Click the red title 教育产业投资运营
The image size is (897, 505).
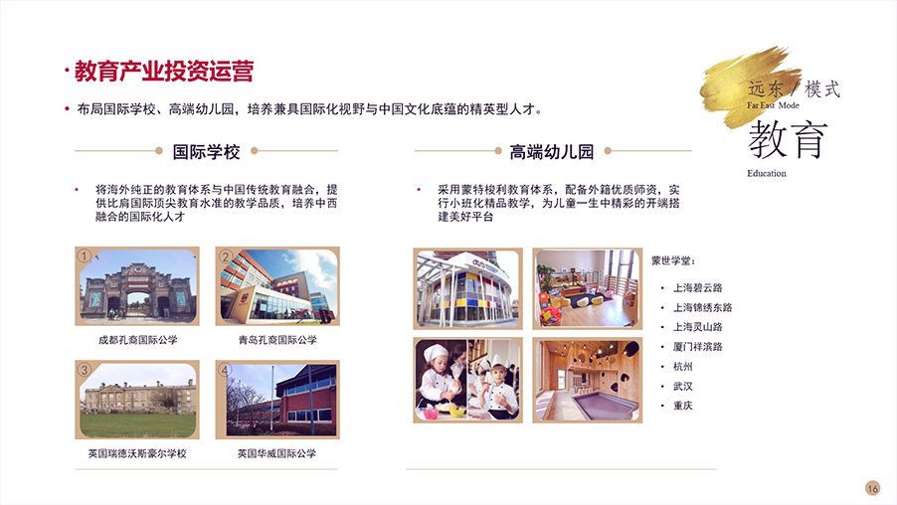(x=164, y=72)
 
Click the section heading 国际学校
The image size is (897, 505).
(x=207, y=151)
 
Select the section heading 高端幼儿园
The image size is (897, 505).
(x=552, y=151)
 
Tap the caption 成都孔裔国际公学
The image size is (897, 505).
(x=138, y=340)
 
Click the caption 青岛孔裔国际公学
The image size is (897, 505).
(x=277, y=340)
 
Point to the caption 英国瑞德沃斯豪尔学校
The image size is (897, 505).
(x=137, y=453)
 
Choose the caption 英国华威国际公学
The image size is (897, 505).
(x=276, y=453)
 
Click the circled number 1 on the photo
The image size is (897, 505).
(x=85, y=255)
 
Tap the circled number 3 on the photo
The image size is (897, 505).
(x=85, y=370)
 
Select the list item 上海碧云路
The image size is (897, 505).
(x=697, y=287)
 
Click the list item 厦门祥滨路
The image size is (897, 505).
(x=697, y=347)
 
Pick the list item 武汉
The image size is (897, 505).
(x=682, y=387)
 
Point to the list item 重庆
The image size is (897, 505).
(x=682, y=406)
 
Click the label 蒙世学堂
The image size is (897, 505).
(x=673, y=260)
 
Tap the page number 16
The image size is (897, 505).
(x=872, y=488)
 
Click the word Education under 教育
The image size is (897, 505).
(x=767, y=173)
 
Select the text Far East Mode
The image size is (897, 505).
(x=773, y=105)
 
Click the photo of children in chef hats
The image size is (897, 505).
(x=468, y=380)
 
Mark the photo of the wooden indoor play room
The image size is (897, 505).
(x=588, y=380)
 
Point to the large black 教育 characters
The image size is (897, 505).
(x=788, y=139)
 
